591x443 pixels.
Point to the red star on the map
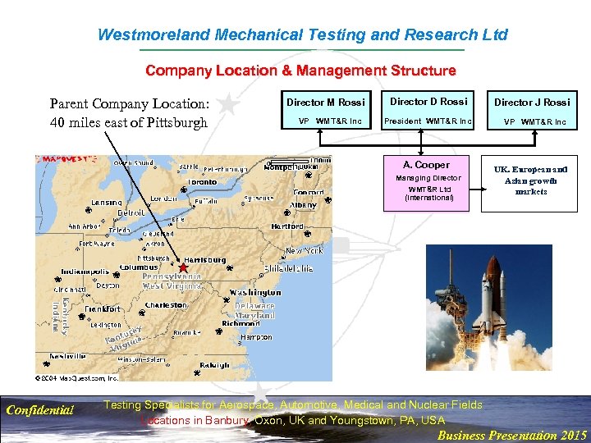coord(183,267)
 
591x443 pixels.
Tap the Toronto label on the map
coord(202,181)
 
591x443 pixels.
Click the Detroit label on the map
coord(131,212)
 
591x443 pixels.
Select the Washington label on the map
coord(254,292)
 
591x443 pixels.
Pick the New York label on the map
coord(304,250)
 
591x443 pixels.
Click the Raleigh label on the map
coord(214,365)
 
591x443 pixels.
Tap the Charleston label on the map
coord(166,304)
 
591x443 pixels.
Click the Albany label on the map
coord(303,204)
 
